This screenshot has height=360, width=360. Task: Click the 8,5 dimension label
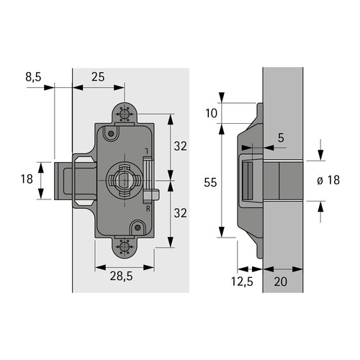point(33,77)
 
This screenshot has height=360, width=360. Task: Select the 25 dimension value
point(98,77)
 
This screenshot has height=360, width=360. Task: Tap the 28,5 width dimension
point(122,276)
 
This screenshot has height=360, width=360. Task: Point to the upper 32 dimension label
point(180,146)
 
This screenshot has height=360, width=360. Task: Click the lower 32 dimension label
point(180,213)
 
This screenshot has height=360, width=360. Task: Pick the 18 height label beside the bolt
point(27,179)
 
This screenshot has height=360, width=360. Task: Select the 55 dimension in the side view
point(210,183)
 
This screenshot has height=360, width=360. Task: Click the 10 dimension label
point(211,113)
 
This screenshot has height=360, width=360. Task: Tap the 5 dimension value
point(281,138)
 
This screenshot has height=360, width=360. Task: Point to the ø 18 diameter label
point(328,180)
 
